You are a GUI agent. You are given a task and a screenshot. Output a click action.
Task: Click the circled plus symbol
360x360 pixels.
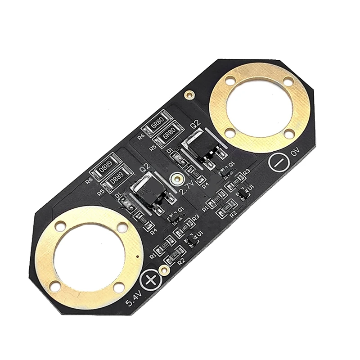150,281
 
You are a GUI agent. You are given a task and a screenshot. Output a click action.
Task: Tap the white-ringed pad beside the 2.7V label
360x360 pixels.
175,179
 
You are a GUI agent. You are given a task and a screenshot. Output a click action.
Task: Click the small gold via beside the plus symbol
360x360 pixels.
165,270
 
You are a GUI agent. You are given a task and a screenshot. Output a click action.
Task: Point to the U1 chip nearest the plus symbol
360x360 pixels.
192,240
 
